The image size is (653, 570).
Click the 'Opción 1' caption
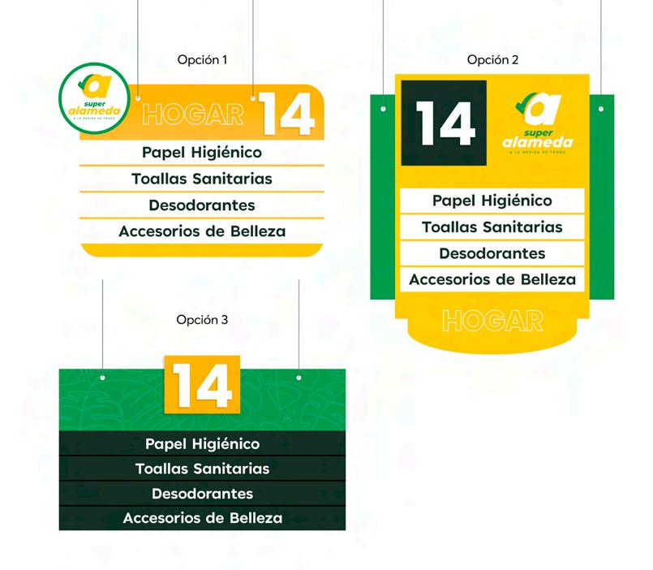(202, 60)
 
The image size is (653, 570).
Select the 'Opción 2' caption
(492, 60)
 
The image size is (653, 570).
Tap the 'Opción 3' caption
(202, 320)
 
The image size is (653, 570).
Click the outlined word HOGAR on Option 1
(192, 114)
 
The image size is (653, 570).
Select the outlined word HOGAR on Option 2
(493, 321)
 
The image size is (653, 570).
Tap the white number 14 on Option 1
(288, 115)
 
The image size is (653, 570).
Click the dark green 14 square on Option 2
(449, 124)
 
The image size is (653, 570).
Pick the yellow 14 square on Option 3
(202, 383)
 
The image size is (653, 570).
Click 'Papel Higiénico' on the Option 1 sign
(202, 152)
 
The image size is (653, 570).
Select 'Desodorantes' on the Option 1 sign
(202, 205)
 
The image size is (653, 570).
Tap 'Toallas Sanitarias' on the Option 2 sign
(492, 227)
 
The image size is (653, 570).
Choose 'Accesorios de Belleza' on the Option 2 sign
(492, 279)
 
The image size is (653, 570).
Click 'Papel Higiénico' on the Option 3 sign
(202, 444)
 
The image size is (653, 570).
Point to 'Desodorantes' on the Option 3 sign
(202, 494)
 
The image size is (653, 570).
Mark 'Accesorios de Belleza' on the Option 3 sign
(202, 518)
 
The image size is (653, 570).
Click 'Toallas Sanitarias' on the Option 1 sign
(202, 179)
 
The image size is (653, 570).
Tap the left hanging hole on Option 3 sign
(103, 378)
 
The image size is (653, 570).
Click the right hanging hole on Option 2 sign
(601, 108)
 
